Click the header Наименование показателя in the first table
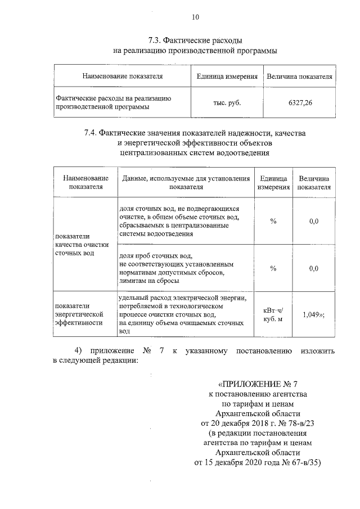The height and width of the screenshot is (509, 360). point(123,76)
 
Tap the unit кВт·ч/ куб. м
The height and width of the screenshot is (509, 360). point(273,315)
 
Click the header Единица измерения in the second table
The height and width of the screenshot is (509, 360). point(273,182)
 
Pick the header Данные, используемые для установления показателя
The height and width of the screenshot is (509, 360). point(186,182)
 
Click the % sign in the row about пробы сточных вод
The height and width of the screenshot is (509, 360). point(273,268)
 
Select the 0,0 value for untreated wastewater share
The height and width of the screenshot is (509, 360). point(314,221)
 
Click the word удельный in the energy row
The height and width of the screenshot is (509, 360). point(135,296)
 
